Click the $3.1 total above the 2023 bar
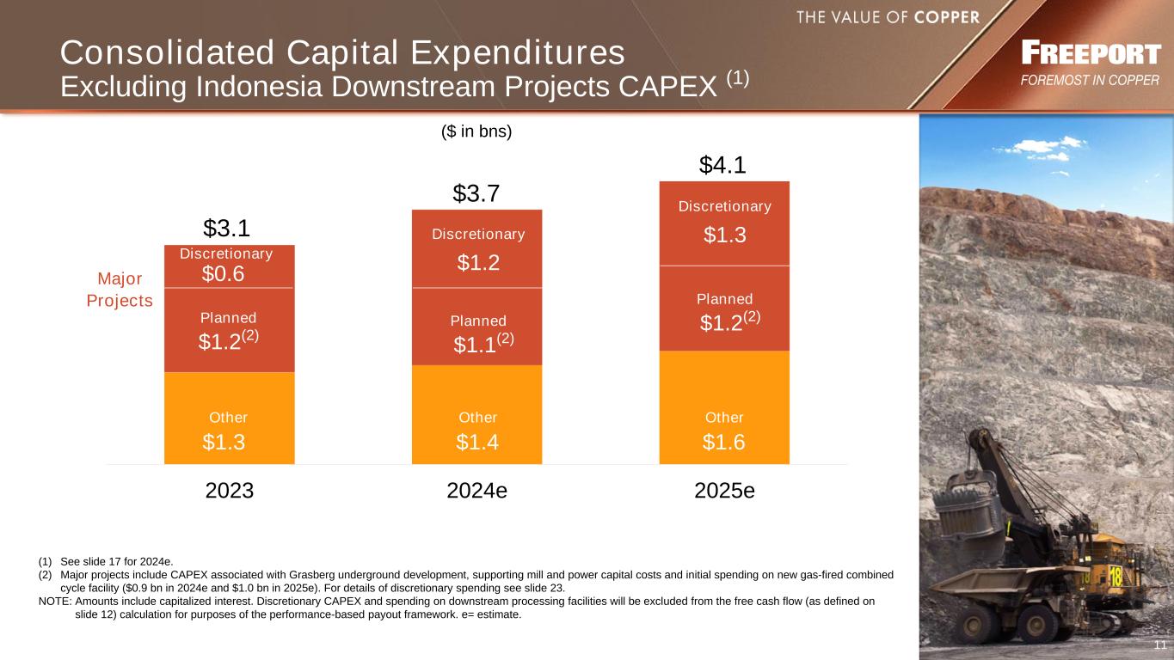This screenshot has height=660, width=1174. [226, 228]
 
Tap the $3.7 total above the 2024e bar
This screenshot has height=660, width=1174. [476, 194]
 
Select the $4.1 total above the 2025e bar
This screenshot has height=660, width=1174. [722, 164]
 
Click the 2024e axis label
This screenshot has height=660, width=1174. [477, 491]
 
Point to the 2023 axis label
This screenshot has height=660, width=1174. [230, 491]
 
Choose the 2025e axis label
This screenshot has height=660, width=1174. [724, 491]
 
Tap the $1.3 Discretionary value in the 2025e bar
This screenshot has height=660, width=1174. [724, 235]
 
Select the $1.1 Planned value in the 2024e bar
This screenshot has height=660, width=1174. [476, 345]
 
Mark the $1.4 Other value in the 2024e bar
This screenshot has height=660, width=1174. [477, 442]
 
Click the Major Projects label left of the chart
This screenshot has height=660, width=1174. [120, 290]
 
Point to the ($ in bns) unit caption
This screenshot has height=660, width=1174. [476, 131]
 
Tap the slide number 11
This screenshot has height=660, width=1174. [1159, 645]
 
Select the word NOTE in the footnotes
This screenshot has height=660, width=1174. [55, 602]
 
